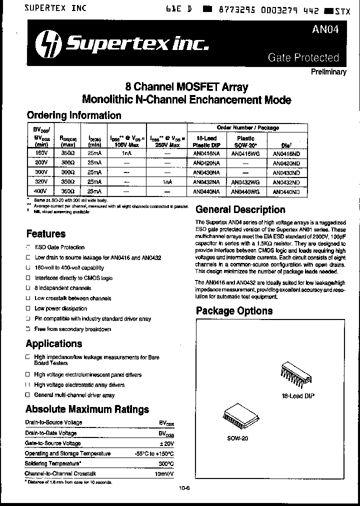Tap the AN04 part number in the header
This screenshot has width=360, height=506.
coord(325,29)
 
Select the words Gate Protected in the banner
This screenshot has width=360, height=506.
coord(303,57)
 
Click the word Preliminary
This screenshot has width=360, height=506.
coord(328,71)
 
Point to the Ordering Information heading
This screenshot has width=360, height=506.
coord(73,115)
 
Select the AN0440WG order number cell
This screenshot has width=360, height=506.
coord(245,191)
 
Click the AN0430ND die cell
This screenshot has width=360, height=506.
coord(286,173)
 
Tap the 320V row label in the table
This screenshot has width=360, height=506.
coord(40,182)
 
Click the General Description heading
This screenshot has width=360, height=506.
coord(240,209)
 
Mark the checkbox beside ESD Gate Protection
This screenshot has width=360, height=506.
coord(28,247)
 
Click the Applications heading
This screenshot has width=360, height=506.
coord(54,343)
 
